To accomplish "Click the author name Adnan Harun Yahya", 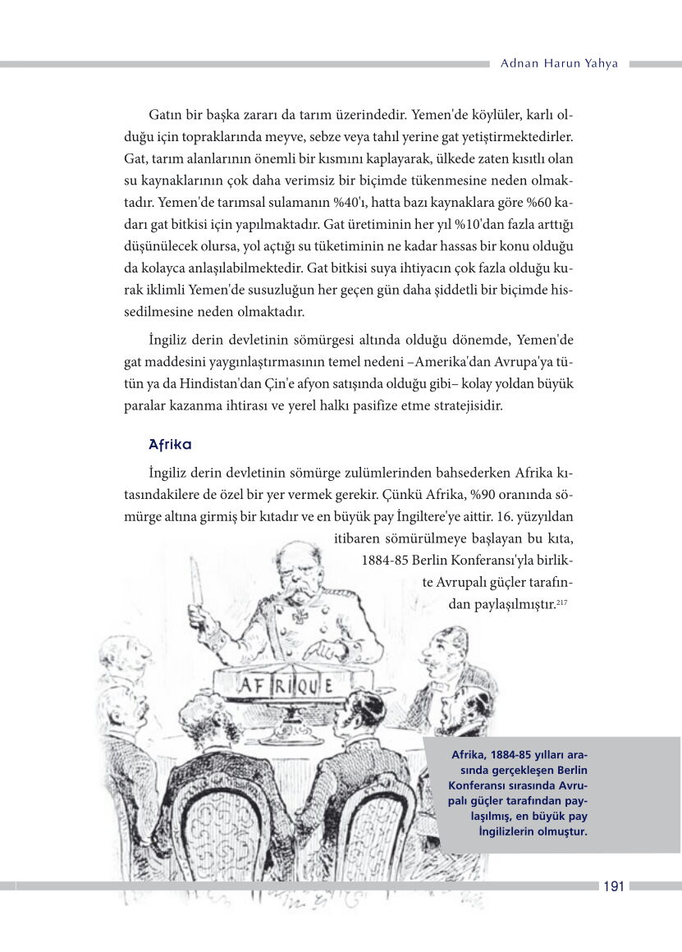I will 559,63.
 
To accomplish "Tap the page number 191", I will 613,886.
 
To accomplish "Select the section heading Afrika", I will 170,445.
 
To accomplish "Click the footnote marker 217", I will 562,603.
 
